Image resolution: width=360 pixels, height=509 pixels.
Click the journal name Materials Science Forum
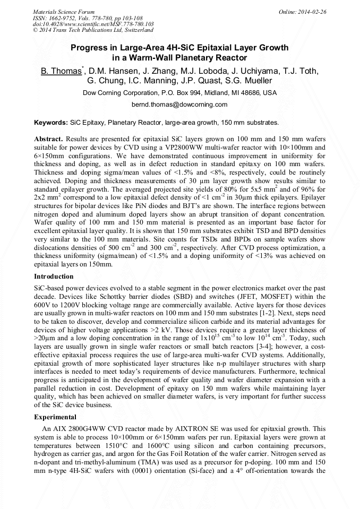pos(64,11)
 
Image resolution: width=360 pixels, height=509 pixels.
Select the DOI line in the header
pos(93,24)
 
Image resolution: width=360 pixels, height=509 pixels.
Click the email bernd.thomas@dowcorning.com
pos(179,105)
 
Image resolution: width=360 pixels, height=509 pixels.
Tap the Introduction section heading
pos(54,277)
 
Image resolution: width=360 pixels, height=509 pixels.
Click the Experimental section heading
pos(55,417)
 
